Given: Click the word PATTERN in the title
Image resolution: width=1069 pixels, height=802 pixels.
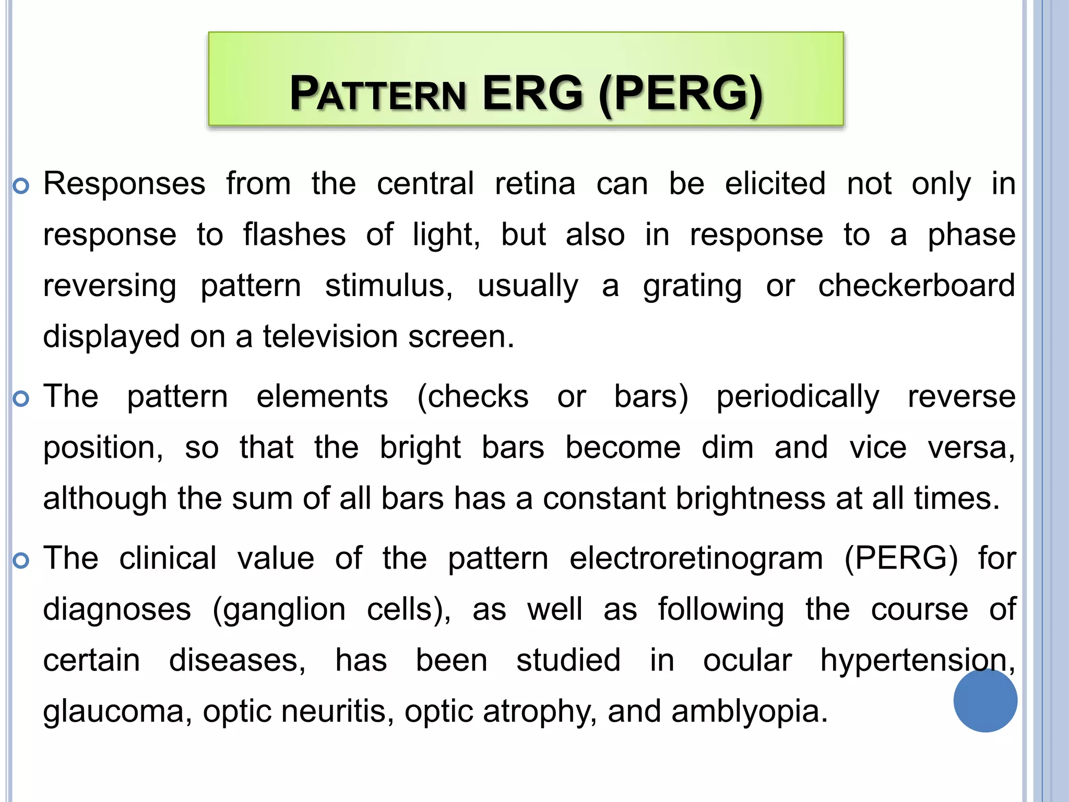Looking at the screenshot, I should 377,94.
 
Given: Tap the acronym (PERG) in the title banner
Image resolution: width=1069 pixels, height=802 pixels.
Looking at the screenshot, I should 681,94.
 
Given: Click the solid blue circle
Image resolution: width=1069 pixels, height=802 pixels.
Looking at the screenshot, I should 985,700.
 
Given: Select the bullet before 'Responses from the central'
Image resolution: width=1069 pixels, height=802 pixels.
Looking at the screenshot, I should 21,186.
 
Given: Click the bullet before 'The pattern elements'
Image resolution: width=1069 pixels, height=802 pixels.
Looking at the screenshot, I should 21,399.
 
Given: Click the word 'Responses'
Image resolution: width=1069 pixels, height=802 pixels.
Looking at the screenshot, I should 124,184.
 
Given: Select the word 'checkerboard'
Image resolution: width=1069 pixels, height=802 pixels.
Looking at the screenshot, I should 916,286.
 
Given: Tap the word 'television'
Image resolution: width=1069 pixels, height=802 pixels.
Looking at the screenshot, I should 330,337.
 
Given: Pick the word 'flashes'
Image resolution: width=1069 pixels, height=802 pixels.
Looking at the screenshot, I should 294,234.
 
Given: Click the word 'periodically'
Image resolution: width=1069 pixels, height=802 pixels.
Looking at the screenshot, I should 798,397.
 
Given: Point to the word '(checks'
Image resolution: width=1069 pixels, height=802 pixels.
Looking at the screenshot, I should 472,397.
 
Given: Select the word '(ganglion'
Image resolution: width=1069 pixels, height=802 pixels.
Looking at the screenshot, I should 279,610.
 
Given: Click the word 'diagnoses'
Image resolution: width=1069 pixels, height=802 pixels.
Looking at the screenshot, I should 117,610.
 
